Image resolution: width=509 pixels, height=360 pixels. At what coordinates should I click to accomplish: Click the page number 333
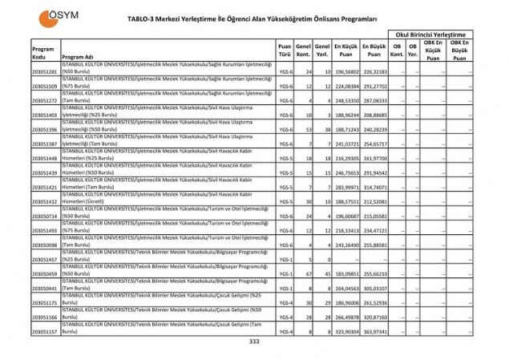coord(254,341)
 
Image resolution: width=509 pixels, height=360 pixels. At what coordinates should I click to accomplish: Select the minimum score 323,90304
coord(345,331)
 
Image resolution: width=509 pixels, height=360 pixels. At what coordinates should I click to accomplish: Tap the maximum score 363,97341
coord(374,331)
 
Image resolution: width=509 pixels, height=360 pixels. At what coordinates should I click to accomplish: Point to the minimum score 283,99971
coord(345,187)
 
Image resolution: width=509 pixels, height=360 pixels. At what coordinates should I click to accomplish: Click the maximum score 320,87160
coord(374,317)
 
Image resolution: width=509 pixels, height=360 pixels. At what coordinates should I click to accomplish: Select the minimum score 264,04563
coord(345,288)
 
